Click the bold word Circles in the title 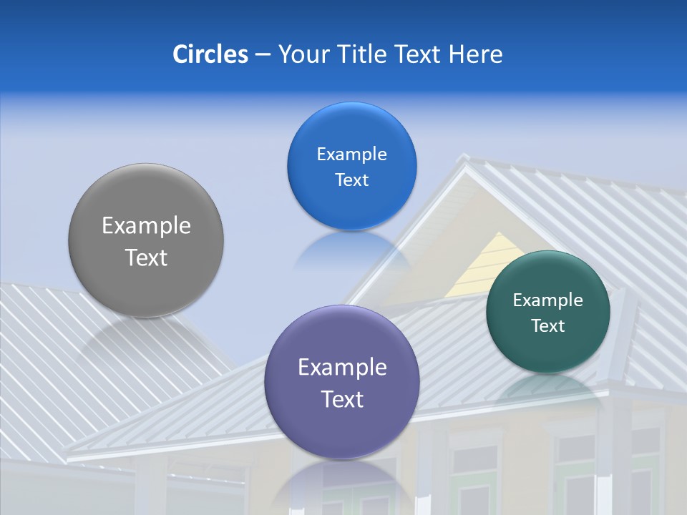coord(210,54)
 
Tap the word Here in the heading coord(475,54)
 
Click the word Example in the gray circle coord(146,226)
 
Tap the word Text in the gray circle coord(146,257)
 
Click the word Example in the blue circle coord(351,154)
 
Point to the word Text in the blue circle coord(351,180)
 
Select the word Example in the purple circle coord(342,368)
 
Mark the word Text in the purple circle coord(342,399)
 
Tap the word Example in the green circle coord(548,300)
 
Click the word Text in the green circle coord(548,326)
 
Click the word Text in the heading coord(419,54)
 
